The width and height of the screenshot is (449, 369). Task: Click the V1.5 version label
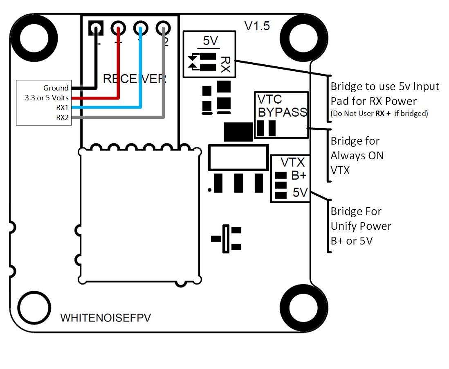tap(257, 26)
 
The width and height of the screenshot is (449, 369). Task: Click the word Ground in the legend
tap(56, 88)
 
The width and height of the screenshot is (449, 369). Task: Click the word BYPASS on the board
tap(282, 112)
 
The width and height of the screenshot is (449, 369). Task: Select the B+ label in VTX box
tap(299, 176)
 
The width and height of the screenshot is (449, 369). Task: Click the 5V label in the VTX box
tap(300, 193)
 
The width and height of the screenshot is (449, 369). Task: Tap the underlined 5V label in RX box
tap(211, 41)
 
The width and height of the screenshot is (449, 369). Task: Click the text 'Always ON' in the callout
tap(357, 156)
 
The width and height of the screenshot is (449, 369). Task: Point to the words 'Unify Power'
tap(361, 226)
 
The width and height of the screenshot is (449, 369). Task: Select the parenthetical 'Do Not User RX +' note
tap(379, 113)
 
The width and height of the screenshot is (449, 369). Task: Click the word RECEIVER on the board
tap(135, 79)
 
